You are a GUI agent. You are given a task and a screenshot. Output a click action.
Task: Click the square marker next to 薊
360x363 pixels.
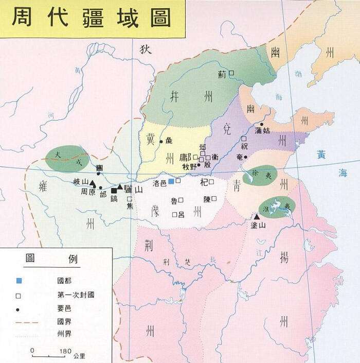(x=231, y=74)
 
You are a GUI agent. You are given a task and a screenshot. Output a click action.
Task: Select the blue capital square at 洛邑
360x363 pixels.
(x=171, y=181)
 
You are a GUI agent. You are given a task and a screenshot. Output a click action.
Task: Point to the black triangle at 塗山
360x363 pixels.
(x=257, y=217)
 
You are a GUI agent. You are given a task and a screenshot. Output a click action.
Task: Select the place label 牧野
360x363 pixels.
(x=189, y=166)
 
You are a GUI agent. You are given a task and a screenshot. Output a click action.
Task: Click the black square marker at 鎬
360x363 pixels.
(x=114, y=191)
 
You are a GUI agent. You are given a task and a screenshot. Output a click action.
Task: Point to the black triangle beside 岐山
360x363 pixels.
(x=92, y=183)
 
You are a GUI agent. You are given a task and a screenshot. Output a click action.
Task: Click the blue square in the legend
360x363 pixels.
(x=19, y=281)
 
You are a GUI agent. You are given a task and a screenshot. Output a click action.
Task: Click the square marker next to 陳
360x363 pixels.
(x=214, y=198)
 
